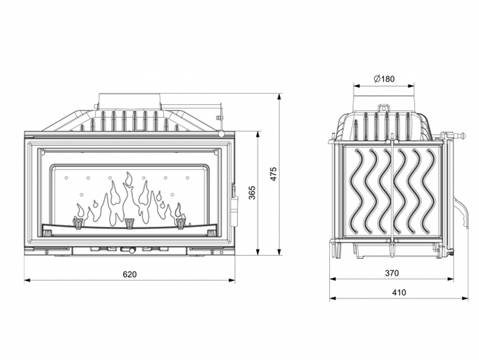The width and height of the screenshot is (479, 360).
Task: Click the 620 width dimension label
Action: pyautogui.click(x=129, y=274)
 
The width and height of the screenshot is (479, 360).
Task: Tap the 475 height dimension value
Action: pyautogui.click(x=274, y=174)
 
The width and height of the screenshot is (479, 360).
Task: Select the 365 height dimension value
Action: pyautogui.click(x=252, y=193)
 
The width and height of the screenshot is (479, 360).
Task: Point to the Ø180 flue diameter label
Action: pyautogui.click(x=384, y=79)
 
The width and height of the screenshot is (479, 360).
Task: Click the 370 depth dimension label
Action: pyautogui.click(x=392, y=272)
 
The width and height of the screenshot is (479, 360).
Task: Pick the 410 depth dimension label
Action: pyautogui.click(x=399, y=293)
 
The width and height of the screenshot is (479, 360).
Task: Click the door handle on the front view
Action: pyautogui.click(x=234, y=204)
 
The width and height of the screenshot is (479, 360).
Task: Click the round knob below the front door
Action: pyautogui.click(x=132, y=250)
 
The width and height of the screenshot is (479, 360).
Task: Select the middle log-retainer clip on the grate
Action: pyautogui.click(x=130, y=223)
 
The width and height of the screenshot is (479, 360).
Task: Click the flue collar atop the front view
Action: pyautogui.click(x=129, y=101)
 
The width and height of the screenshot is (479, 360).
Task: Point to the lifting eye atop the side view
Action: pyautogui.click(x=383, y=108)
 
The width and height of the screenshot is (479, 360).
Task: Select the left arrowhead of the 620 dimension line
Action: pyautogui.click(x=27, y=280)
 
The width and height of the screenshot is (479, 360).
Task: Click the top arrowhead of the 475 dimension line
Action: pyautogui.click(x=279, y=97)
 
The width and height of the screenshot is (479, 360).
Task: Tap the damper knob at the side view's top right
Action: pyautogui.click(x=462, y=134)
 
